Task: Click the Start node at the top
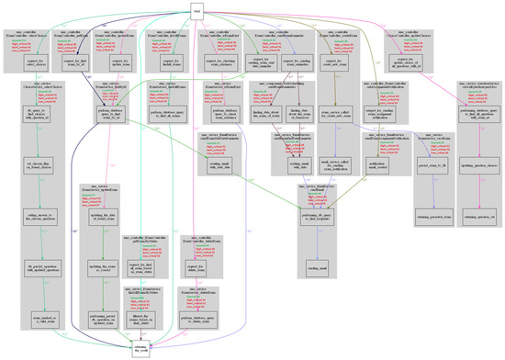(x=196, y=10)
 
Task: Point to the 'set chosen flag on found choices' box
(x=33, y=187)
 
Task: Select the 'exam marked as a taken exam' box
(x=34, y=318)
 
